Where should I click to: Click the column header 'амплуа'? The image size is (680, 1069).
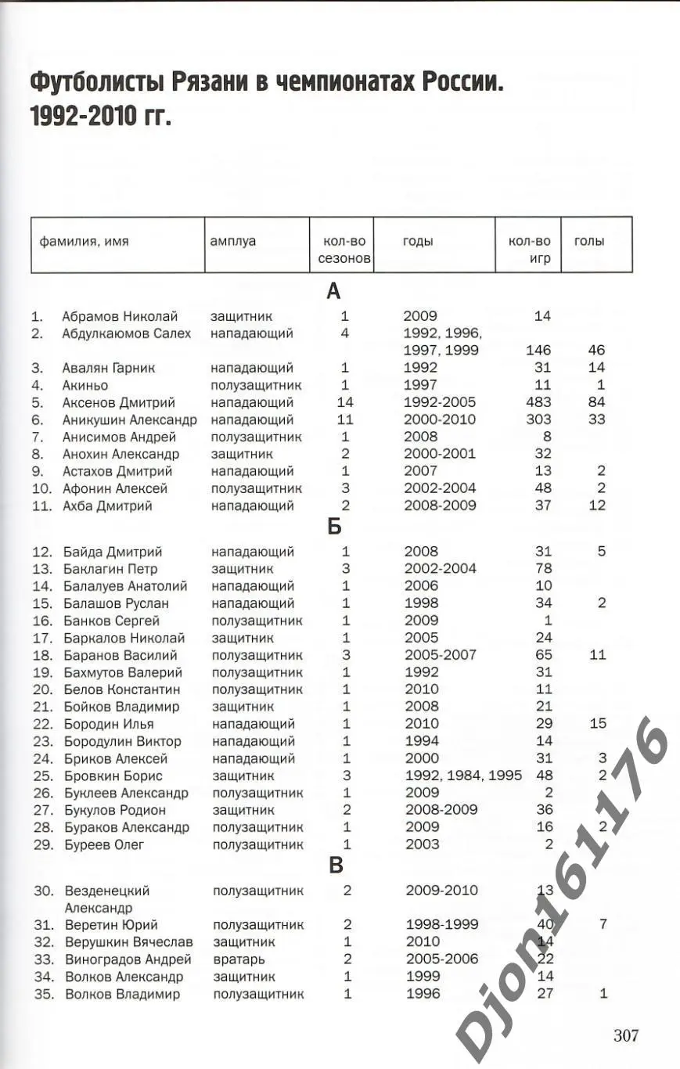[232, 242]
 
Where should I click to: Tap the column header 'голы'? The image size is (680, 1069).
[589, 242]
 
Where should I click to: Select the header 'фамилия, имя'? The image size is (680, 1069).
[85, 242]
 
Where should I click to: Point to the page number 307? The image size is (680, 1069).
[625, 1035]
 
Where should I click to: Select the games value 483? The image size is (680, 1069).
[538, 402]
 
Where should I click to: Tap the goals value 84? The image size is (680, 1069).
[596, 402]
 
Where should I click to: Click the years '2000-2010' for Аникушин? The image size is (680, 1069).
[439, 419]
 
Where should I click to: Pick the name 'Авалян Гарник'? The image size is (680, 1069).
[109, 368]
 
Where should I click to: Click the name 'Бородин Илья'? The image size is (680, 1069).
[107, 724]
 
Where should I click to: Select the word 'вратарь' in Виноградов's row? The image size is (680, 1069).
[239, 959]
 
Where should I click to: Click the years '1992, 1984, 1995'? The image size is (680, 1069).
[452, 776]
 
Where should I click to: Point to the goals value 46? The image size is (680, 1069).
[596, 351]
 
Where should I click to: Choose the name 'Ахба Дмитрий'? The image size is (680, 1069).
[107, 506]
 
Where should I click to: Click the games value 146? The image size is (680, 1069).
[538, 351]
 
